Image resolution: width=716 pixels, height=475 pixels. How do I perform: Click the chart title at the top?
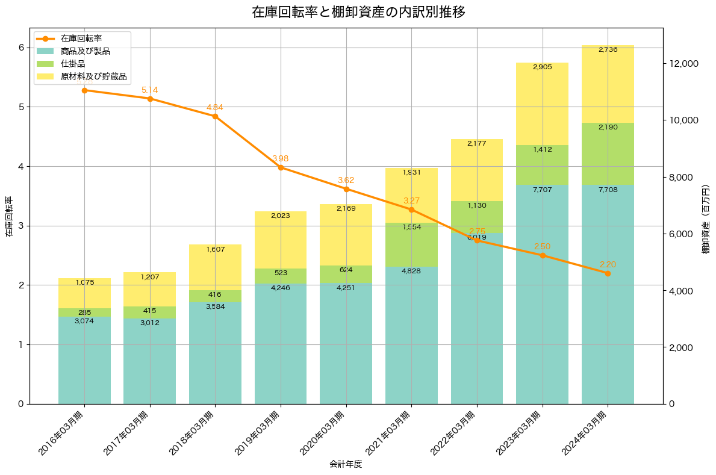tap(358, 12)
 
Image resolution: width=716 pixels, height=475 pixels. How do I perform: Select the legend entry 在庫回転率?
tap(85, 39)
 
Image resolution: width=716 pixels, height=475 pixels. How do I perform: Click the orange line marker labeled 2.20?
tap(608, 273)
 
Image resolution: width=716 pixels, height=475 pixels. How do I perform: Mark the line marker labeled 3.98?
tap(281, 167)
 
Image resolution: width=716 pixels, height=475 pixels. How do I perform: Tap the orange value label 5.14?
tap(150, 90)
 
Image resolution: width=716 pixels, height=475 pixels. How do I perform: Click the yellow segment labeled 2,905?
tap(542, 104)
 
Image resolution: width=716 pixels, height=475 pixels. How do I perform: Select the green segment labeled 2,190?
tap(608, 154)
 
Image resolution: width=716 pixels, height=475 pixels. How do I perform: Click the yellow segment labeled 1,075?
tap(84, 293)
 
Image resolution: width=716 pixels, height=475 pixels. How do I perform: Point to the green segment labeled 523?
tap(281, 276)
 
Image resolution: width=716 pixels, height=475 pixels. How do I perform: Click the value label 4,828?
tap(411, 271)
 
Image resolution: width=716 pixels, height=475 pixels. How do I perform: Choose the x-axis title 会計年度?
tap(346, 464)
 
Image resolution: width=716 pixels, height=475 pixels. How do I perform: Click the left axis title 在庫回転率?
tap(8, 216)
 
